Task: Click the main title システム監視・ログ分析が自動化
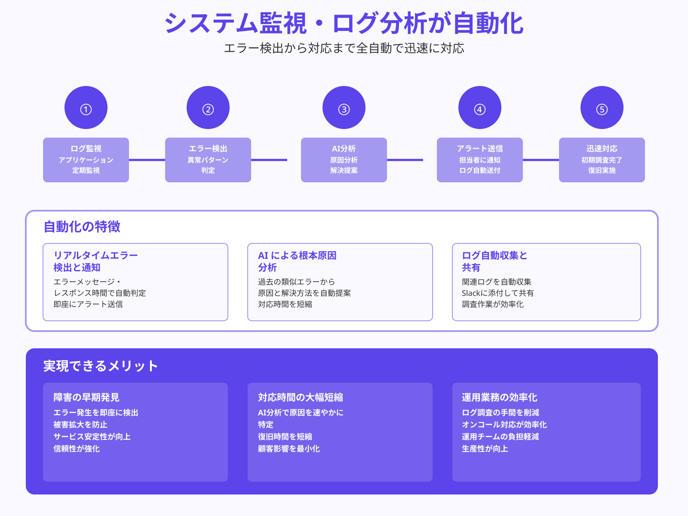tap(344, 23)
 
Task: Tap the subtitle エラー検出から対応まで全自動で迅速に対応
tap(344, 48)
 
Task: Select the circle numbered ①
tap(86, 107)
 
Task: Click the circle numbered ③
tap(344, 107)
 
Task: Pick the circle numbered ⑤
tap(602, 107)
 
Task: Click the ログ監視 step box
tap(86, 160)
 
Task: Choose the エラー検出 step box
tap(208, 160)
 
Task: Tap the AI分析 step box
tap(344, 160)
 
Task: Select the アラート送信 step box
tap(480, 160)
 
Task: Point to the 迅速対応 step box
tap(602, 160)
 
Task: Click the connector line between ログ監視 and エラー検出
tap(147, 160)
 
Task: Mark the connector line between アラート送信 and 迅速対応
tap(541, 160)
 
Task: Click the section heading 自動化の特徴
tap(82, 227)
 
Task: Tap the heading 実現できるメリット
tap(101, 366)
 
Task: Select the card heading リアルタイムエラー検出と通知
tap(95, 261)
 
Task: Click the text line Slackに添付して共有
tap(498, 293)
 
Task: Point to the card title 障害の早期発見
tap(86, 397)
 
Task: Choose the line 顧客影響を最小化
tap(289, 449)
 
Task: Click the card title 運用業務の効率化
tap(500, 397)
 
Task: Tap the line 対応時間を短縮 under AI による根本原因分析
tap(285, 304)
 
